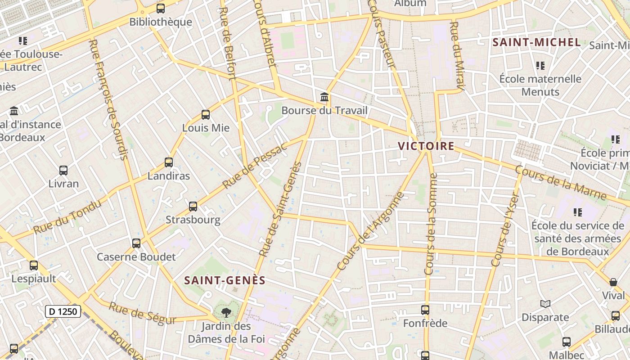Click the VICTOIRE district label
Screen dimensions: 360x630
[x=426, y=146]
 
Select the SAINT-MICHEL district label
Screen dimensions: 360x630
[x=536, y=43]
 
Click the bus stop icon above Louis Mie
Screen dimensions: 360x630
[x=206, y=115]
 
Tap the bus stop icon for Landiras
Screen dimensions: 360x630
[x=169, y=162]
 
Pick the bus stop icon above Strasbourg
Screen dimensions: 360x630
[x=193, y=207]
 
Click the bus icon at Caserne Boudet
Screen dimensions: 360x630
[x=136, y=243]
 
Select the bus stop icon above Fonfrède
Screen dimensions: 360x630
[x=425, y=310]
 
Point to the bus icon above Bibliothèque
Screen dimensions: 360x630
[x=161, y=9]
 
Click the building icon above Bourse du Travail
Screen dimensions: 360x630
[x=324, y=97]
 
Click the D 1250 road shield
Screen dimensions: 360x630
[x=63, y=311]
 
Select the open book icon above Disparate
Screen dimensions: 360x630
[x=545, y=304]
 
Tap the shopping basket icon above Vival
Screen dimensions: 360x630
[x=613, y=282]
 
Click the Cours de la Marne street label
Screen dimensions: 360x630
[x=561, y=183]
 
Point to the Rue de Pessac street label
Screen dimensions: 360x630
[x=254, y=166]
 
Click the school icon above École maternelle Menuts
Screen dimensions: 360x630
[x=540, y=66]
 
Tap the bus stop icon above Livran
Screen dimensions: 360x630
[x=63, y=171]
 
